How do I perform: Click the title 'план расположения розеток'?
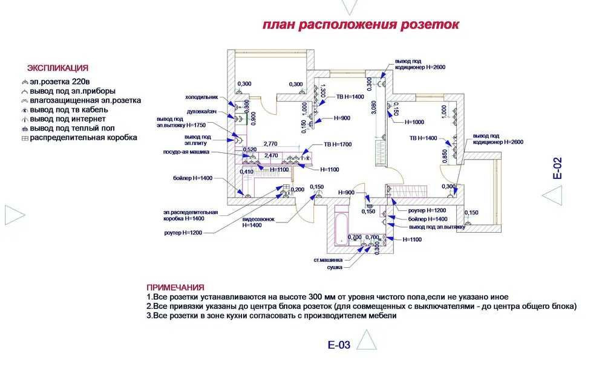(x=361, y=25)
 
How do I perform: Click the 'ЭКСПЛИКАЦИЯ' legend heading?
(x=58, y=68)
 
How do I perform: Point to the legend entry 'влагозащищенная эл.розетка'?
(x=85, y=100)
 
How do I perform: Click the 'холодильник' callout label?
(x=201, y=97)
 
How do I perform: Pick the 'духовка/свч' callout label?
(x=201, y=112)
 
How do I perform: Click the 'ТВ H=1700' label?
(x=338, y=144)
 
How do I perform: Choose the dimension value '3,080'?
(x=373, y=108)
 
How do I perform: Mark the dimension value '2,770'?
(x=270, y=144)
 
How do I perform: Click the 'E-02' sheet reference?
(x=557, y=168)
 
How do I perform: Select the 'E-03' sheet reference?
(x=339, y=345)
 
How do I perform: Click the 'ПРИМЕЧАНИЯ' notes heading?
(x=175, y=287)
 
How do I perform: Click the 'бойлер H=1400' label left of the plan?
(x=192, y=178)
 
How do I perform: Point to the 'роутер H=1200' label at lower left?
(x=182, y=232)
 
